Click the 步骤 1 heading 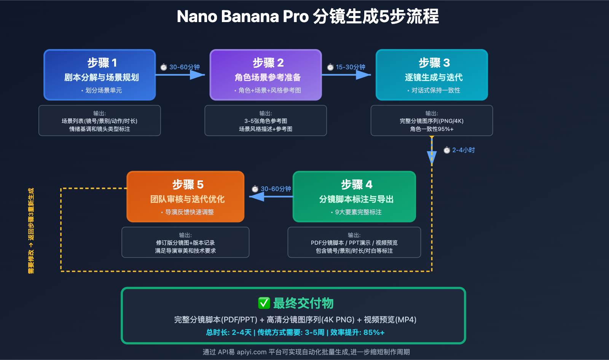pos(102,62)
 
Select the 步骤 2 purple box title pos(268,62)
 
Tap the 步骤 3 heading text pos(434,62)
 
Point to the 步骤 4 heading pos(356,185)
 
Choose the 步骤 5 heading pos(188,185)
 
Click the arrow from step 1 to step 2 pos(181,75)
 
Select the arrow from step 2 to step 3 pos(346,75)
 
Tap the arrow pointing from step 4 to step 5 pos(270,196)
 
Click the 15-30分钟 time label pos(350,67)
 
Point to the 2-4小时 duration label pos(463,150)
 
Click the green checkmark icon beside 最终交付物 pos(264,303)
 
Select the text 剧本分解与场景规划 pos(102,77)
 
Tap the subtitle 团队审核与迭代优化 pos(187,199)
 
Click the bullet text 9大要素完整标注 pos(358,212)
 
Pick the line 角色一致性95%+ pos(432,129)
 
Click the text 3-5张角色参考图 pos(266,121)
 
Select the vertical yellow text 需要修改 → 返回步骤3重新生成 pos(31,231)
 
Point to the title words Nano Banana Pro pos(242,16)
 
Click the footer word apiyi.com pos(252,352)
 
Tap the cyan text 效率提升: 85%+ pos(357,332)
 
